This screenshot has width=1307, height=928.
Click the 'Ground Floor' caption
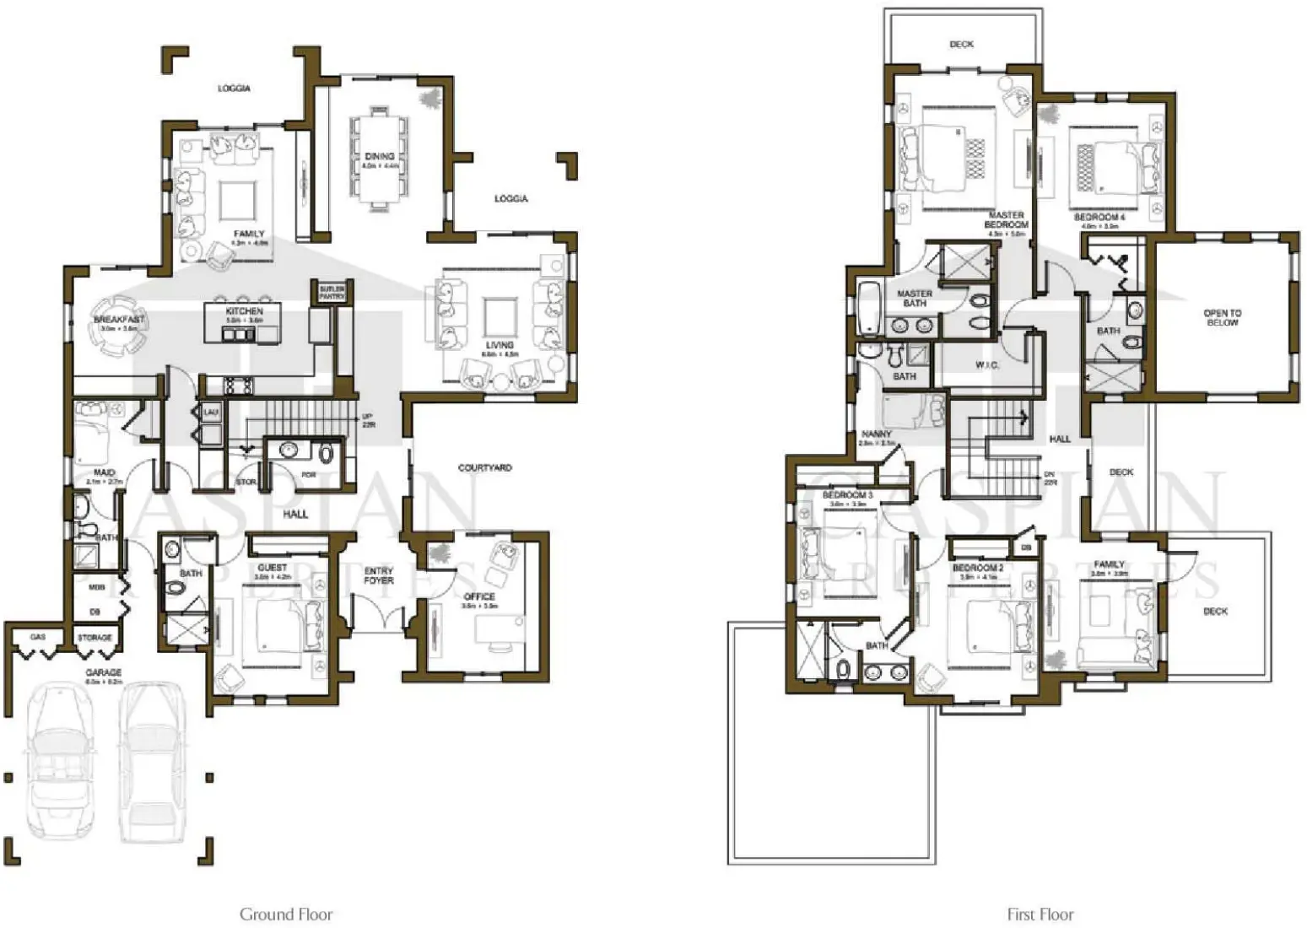286,914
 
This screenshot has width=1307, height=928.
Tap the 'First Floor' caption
1040,914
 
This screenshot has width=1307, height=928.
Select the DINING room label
379,157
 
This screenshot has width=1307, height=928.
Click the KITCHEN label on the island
244,311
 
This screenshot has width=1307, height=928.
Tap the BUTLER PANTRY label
331,293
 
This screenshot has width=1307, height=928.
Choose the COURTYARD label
484,467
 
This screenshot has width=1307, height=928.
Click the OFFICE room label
479,596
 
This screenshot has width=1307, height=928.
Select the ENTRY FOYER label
379,575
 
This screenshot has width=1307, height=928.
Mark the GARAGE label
103,672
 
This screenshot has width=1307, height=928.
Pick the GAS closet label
38,637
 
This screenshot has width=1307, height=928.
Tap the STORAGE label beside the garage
95,638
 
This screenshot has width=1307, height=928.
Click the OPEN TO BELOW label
1222,317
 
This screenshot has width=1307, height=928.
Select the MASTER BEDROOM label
1006,220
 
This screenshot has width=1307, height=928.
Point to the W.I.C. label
986,365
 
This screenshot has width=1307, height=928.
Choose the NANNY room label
877,434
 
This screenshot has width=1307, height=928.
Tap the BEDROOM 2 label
978,568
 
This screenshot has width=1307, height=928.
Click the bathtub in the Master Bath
869,309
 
